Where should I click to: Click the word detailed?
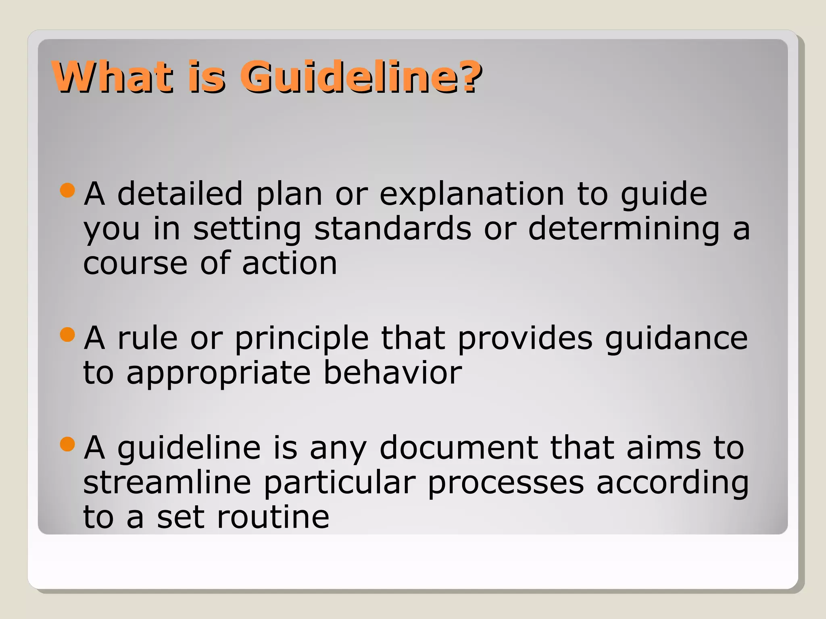(180, 194)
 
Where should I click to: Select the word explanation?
(472, 194)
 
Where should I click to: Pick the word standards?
(392, 229)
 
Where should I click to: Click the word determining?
(624, 229)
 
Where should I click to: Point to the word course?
(136, 264)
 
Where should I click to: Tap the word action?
(289, 264)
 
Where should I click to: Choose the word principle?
(302, 338)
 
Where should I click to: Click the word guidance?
(676, 338)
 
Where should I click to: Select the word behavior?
(392, 373)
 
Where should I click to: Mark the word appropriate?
(219, 373)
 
